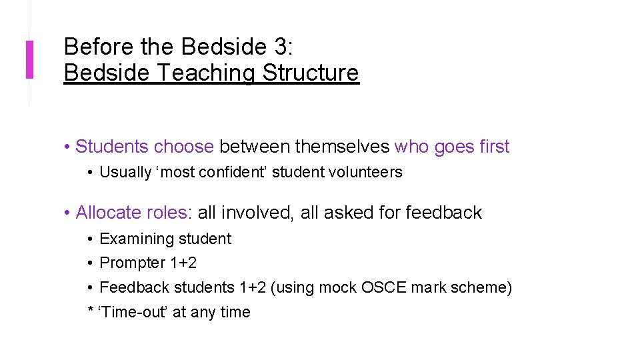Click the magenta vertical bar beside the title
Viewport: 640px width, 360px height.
click(x=29, y=59)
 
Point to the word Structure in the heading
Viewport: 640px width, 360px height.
click(x=311, y=73)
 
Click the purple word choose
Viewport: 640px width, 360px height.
click(x=183, y=147)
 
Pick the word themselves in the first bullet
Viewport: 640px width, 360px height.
click(x=342, y=147)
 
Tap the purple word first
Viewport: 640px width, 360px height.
click(x=494, y=147)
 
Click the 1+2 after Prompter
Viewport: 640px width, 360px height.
click(x=183, y=263)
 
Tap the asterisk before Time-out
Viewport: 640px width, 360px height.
click(x=91, y=311)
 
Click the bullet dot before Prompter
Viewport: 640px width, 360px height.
click(x=90, y=263)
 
